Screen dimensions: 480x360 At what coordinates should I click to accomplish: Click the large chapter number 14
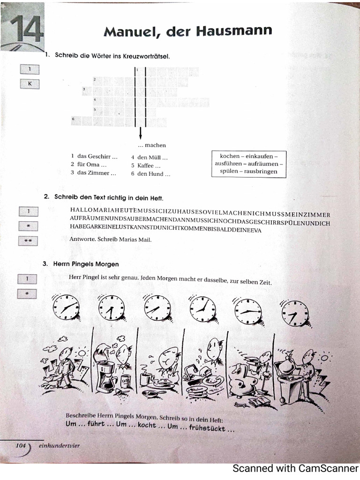[26, 29]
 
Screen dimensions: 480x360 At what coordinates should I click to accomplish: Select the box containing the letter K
[29, 84]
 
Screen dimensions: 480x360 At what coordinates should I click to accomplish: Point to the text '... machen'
[152, 145]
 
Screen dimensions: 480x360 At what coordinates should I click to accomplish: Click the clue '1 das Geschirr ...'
[94, 157]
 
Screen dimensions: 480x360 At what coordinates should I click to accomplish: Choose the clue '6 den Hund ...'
[150, 174]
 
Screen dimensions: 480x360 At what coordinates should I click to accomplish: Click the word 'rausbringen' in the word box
[261, 172]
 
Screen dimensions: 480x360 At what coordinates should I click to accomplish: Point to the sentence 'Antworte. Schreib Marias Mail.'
[110, 240]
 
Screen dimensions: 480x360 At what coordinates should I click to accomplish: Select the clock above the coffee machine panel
[112, 308]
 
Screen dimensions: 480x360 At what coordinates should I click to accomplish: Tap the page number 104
[21, 446]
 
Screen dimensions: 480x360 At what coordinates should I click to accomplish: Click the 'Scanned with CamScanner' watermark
[295, 468]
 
